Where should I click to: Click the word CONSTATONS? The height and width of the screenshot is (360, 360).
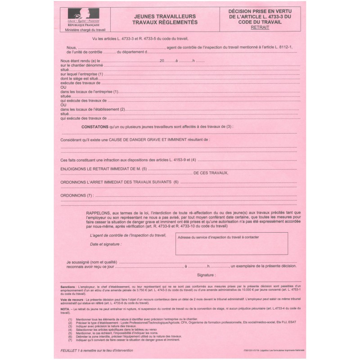[95, 127]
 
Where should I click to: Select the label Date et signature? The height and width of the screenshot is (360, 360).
[105, 244]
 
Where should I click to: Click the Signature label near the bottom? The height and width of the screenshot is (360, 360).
[206, 274]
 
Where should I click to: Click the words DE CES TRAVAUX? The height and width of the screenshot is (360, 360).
[211, 173]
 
